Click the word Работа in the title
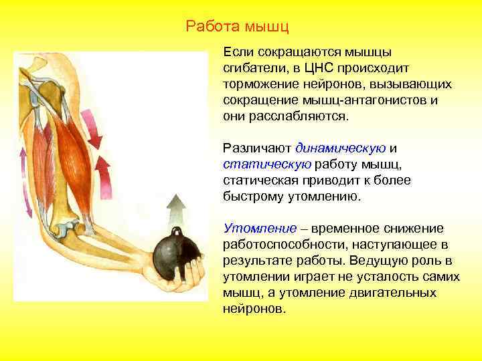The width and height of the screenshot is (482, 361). click(x=210, y=27)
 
